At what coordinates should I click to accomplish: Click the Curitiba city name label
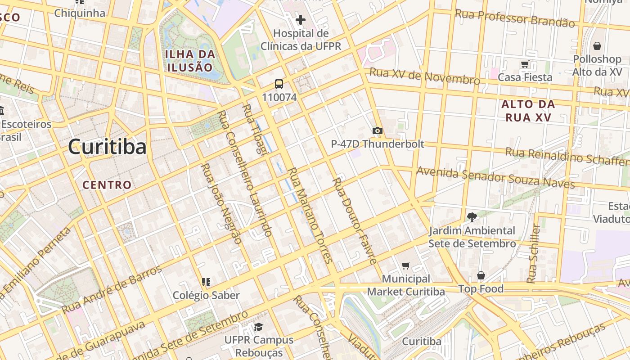(x=107, y=147)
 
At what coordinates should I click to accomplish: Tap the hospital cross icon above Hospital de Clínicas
(x=301, y=20)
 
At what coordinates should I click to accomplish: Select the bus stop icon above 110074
(x=279, y=84)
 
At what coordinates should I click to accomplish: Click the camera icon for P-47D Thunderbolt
(x=377, y=131)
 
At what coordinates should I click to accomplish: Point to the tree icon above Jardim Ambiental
(x=472, y=217)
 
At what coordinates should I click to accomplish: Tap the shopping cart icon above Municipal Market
(x=405, y=266)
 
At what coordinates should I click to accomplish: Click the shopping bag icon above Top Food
(x=481, y=275)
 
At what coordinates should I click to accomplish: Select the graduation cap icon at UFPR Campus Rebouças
(x=258, y=327)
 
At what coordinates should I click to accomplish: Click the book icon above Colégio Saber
(x=206, y=282)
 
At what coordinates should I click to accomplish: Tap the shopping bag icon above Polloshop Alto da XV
(x=597, y=46)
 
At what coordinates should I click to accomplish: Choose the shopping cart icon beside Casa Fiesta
(x=525, y=64)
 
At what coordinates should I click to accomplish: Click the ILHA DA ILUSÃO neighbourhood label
(x=189, y=61)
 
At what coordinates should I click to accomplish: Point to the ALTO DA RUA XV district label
(x=528, y=111)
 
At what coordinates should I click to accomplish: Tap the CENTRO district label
(x=107, y=185)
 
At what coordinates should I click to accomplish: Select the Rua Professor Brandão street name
(x=515, y=18)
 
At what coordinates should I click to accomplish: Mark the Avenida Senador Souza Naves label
(x=495, y=178)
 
